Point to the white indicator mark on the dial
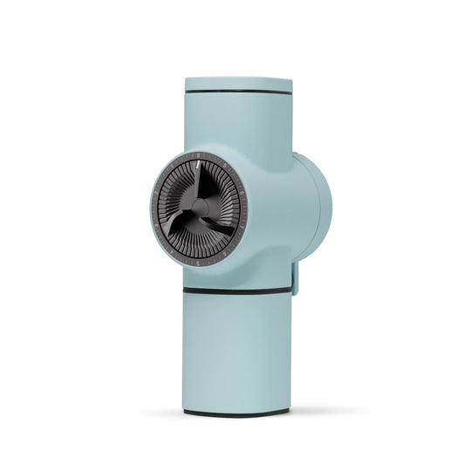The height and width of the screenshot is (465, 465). [200, 163]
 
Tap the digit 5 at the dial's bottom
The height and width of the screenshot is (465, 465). [200, 262]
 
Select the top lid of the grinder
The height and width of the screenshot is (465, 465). [237, 84]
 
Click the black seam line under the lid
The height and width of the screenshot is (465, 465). [237, 92]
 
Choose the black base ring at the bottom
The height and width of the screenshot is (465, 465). [237, 410]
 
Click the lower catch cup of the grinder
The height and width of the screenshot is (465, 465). [237, 349]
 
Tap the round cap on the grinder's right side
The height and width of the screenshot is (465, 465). [317, 209]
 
